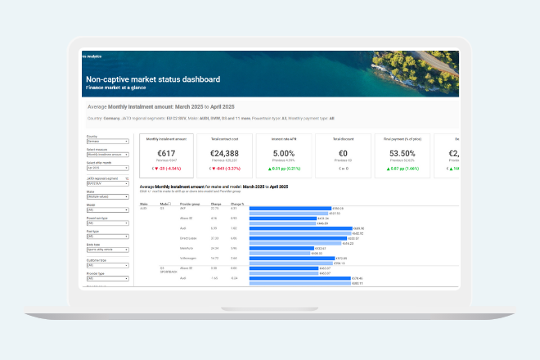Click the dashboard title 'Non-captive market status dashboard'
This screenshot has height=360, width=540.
tap(153, 79)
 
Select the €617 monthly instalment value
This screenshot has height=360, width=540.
tap(167, 154)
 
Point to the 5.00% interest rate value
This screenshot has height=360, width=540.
tap(282, 154)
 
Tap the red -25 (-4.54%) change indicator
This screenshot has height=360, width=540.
tap(167, 169)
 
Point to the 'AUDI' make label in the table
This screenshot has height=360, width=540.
tap(144, 208)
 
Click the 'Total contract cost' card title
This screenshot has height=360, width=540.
tap(225, 140)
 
